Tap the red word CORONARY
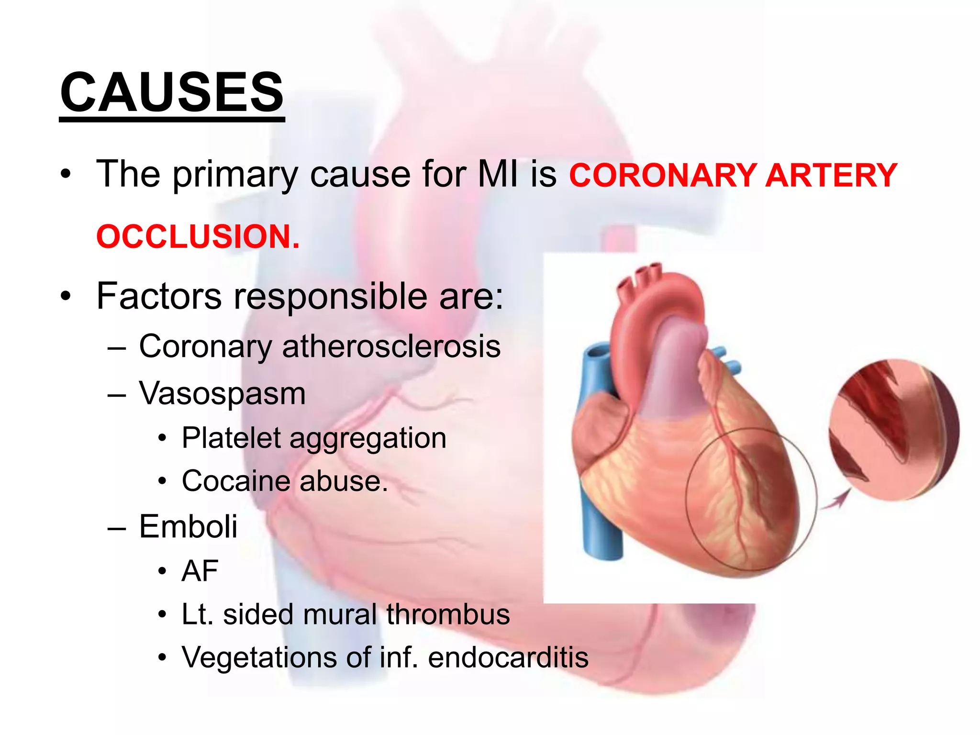point(663,175)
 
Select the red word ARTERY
point(831,175)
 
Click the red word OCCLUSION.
point(198,236)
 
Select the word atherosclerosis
point(391,346)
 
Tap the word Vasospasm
point(222,394)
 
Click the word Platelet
point(231,438)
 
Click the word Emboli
point(188,526)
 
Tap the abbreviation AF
point(200,571)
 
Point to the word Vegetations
point(259,657)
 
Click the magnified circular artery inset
point(893,429)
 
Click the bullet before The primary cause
point(66,174)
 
